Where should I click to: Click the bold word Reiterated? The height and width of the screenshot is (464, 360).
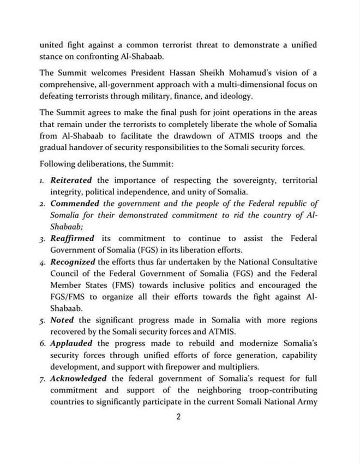click(x=71, y=180)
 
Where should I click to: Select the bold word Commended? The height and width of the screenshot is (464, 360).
click(x=75, y=204)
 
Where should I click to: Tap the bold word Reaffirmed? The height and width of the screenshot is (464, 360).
click(x=73, y=239)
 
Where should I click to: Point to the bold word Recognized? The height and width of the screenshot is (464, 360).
click(x=73, y=262)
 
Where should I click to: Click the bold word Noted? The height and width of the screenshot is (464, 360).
click(x=62, y=320)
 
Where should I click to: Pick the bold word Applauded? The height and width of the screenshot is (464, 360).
click(x=71, y=343)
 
